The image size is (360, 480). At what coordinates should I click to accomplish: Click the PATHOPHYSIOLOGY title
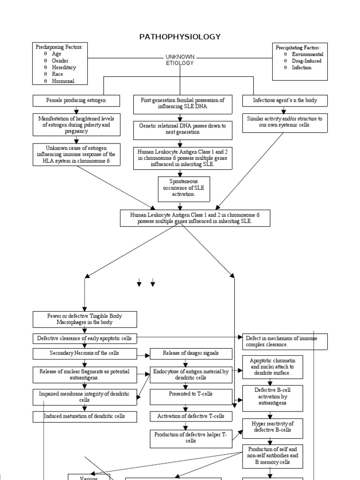pos(180,37)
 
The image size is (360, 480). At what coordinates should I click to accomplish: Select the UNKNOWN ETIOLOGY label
pos(180,60)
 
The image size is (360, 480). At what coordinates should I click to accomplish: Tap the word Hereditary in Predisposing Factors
pos(64,67)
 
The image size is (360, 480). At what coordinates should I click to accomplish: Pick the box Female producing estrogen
pos(76,100)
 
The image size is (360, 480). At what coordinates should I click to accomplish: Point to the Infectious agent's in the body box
pos(285,100)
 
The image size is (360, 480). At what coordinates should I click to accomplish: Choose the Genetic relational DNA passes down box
pos(182,129)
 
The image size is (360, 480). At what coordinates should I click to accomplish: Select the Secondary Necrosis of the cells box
pos(85,353)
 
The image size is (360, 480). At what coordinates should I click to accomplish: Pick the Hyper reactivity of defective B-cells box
pos(272,427)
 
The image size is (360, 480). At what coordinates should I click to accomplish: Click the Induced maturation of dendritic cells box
pos(85,416)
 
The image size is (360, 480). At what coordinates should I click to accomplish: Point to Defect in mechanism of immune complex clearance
pos(285,342)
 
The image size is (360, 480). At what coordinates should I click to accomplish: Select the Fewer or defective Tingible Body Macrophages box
pos(85,319)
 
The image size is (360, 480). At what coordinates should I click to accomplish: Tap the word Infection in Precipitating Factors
pos(301,67)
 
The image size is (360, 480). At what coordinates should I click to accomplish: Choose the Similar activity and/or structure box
pos(285,122)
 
